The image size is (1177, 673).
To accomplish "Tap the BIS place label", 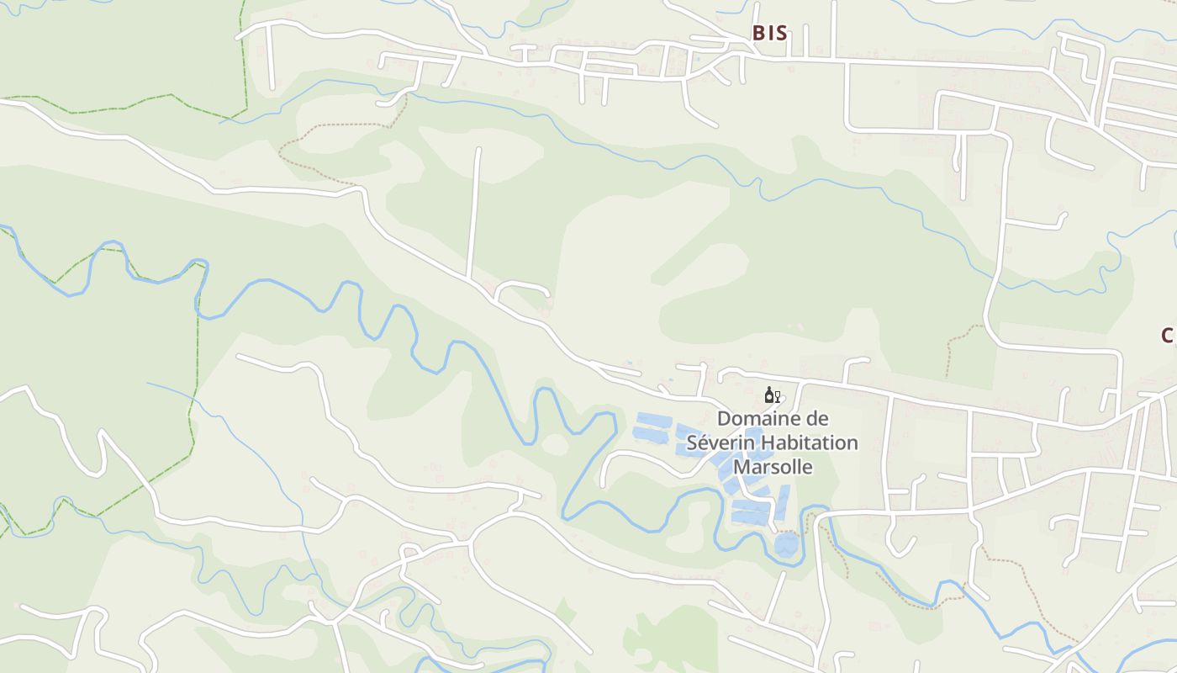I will (x=769, y=33).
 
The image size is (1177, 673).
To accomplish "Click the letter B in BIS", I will (x=758, y=33).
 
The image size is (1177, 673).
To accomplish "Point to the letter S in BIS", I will (x=781, y=33).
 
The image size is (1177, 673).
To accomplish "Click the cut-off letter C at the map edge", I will (x=1168, y=336).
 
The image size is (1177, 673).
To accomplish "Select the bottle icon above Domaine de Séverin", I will (x=768, y=395).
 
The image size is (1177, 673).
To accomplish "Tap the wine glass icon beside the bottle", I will (x=778, y=396).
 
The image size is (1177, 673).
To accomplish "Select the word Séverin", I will (x=716, y=442).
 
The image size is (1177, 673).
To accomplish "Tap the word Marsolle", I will (x=773, y=466).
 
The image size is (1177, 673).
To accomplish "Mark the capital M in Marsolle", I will (x=742, y=466).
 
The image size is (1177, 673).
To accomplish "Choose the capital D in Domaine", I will (x=723, y=419).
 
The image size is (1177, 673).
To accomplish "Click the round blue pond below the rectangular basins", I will (x=786, y=544).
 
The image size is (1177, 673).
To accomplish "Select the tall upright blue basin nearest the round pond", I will (x=781, y=503).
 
